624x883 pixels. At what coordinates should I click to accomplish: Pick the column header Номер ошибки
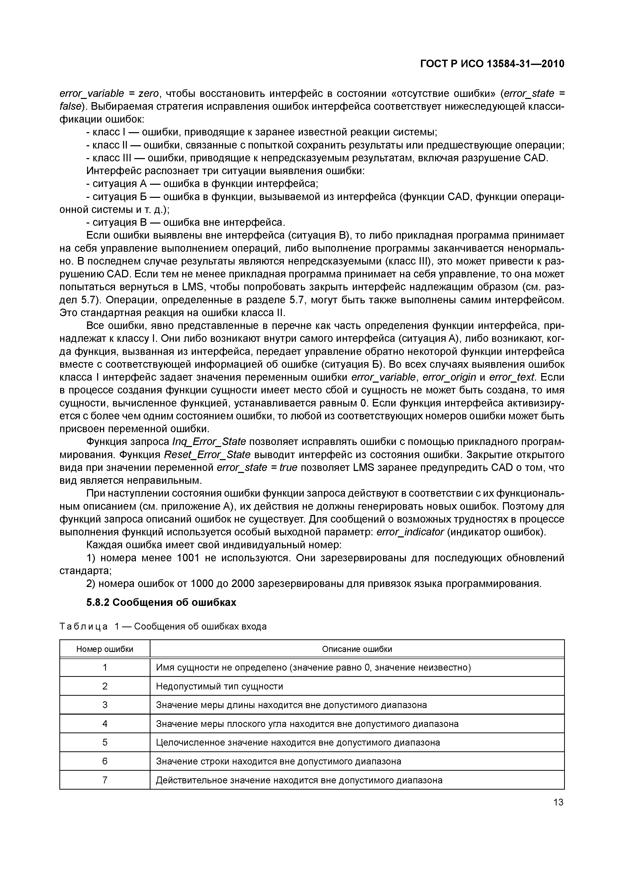click(x=105, y=649)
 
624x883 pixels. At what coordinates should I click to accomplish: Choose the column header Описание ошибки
click(x=357, y=649)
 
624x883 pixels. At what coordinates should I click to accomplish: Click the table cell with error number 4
click(x=105, y=724)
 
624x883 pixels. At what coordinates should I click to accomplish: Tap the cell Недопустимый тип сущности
click(x=219, y=686)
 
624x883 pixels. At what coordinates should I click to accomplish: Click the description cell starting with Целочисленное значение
click(x=298, y=743)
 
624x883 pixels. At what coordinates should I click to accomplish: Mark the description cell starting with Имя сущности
click(x=313, y=668)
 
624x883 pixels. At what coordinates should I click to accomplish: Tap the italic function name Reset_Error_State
click(x=207, y=455)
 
